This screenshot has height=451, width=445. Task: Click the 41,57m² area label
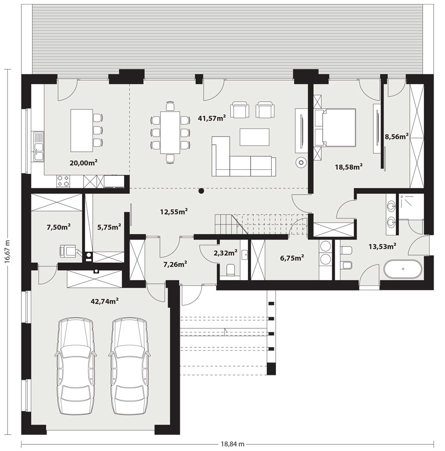pos(212,118)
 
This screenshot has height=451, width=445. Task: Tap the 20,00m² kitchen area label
pos(83,163)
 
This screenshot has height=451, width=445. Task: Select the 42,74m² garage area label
pos(105,301)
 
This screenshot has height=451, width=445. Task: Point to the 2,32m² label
pos(225,253)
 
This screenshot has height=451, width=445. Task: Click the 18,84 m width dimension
pos(233,444)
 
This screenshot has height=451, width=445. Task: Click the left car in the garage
pos(76,366)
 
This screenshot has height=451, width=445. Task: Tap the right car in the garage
pos(129,366)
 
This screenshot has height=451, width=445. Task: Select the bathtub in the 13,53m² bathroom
pos(403,269)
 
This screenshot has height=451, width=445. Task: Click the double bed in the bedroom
pos(335,127)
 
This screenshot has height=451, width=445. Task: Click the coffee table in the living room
pos(254,137)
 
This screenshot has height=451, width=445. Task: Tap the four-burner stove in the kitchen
pos(63,181)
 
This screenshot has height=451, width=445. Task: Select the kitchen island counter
pos(82,130)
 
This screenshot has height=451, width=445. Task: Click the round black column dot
pos(201,191)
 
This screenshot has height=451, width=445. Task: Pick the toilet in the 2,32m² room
pos(231,270)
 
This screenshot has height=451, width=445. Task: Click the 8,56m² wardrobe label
pos(397,136)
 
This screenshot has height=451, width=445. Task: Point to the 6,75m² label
pos(292,258)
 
